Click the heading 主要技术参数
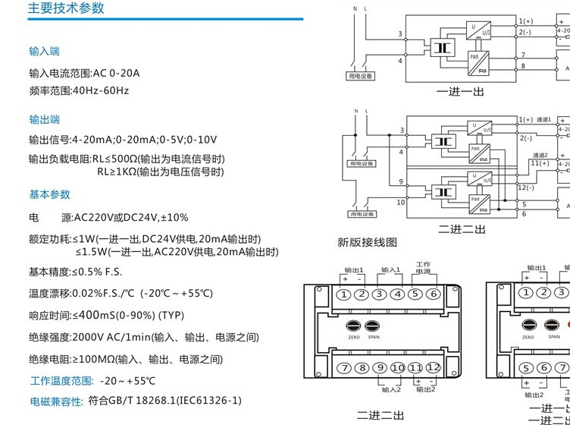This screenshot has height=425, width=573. tap(66, 9)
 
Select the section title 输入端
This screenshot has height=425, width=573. tap(44, 52)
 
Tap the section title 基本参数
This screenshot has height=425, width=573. tap(49, 195)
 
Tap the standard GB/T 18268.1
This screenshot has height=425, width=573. tap(145, 400)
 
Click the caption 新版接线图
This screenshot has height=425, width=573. tap(367, 243)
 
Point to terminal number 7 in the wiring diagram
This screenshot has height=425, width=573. tap(522, 55)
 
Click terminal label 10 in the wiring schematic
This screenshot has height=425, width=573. tap(400, 203)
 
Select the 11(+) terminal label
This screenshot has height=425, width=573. tap(540, 163)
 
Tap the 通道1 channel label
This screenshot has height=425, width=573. tap(545, 120)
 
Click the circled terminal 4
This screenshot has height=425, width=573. tap(398, 294)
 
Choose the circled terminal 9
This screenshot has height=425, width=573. tap(380, 368)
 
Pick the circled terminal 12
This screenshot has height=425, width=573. tap(433, 368)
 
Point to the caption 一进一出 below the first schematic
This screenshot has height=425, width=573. tap(460, 92)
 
